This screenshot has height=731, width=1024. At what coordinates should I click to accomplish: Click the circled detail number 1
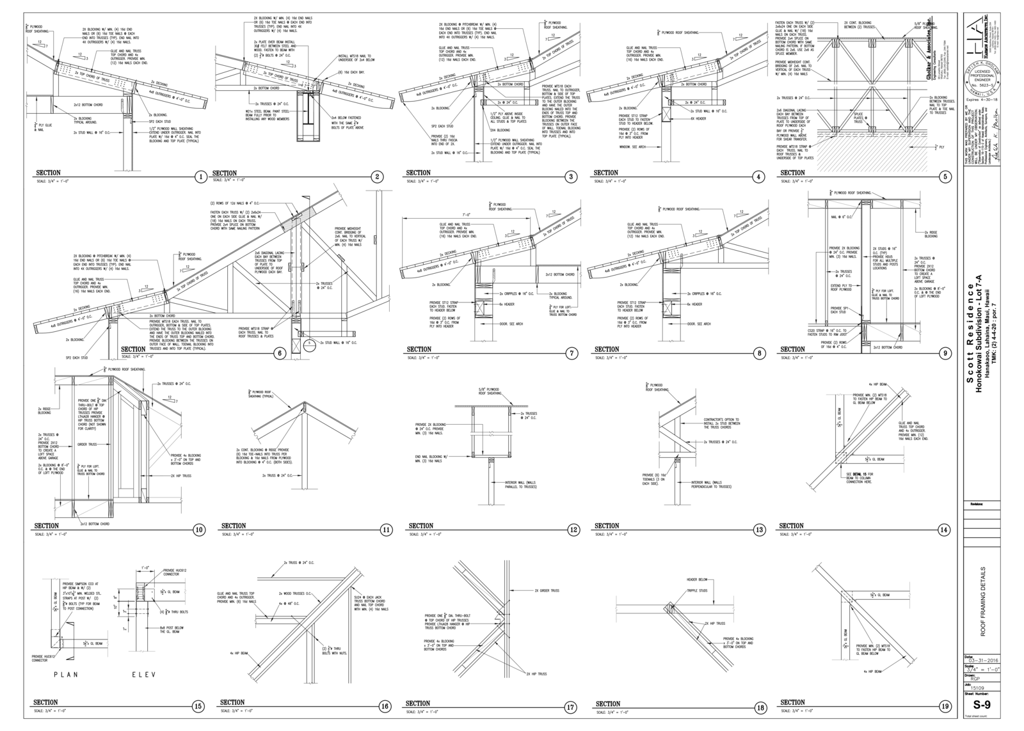click(200, 177)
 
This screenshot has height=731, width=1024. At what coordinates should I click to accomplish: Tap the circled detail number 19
click(945, 706)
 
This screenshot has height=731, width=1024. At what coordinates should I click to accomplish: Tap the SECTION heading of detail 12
click(420, 526)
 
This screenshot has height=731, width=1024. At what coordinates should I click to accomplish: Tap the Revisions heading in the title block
click(976, 504)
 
